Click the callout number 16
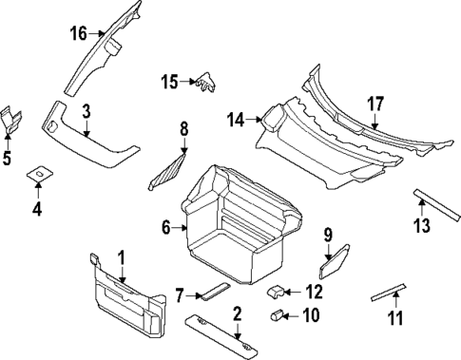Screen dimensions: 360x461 (77, 33)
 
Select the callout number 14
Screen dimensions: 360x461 (235, 120)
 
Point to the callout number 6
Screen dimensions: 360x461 (165, 227)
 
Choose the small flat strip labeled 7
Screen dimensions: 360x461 (213, 289)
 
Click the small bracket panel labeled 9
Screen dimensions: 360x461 (339, 255)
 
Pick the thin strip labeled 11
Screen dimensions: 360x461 (390, 292)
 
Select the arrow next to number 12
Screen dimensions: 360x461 (294, 292)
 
